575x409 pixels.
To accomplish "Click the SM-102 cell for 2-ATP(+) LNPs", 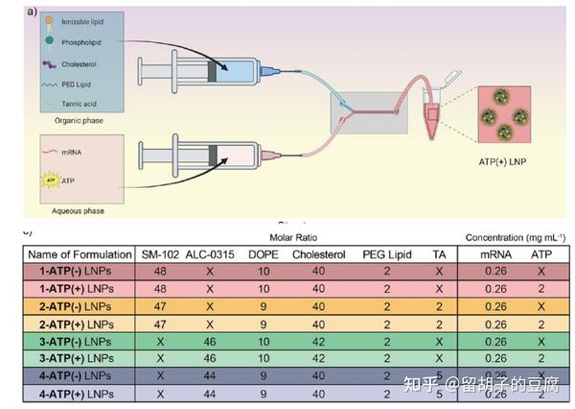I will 160,324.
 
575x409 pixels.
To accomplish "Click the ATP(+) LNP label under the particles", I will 505,160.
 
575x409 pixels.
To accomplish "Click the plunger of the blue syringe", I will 159,69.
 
